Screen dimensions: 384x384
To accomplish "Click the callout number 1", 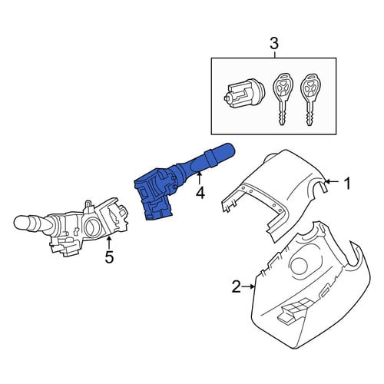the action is pos(347,184).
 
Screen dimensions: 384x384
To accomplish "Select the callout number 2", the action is pos(237,286).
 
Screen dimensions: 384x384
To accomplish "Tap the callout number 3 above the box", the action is pos(274,44).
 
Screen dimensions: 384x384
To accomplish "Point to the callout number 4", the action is pos(200,193).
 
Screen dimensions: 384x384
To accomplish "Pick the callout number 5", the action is pos(109,257).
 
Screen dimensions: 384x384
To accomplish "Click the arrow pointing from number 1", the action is pos(332,182).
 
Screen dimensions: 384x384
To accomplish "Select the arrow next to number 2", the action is pos(249,286).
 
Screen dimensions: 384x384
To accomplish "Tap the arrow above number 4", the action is pos(200,178).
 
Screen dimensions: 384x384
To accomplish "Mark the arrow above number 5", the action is pos(109,243).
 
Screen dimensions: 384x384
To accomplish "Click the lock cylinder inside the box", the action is pos(243,93).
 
